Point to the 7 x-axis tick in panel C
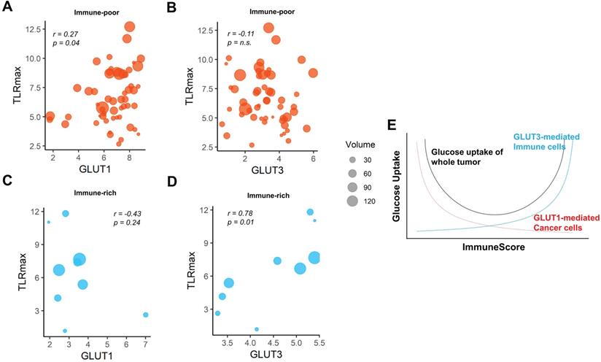tap(145, 342)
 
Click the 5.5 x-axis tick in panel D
tap(319, 342)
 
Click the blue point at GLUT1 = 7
tap(146, 315)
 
